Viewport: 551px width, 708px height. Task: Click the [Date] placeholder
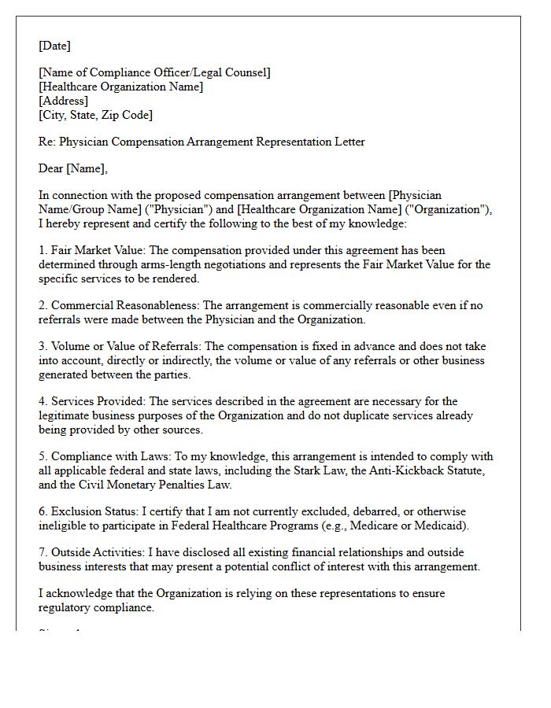(x=54, y=46)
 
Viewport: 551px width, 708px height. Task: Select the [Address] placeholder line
(x=63, y=101)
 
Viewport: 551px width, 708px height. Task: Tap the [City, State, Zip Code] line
(x=95, y=115)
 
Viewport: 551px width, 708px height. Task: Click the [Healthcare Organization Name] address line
(x=120, y=87)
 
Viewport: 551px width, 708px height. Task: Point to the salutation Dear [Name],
(x=73, y=168)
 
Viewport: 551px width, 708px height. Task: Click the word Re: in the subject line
(x=48, y=142)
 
